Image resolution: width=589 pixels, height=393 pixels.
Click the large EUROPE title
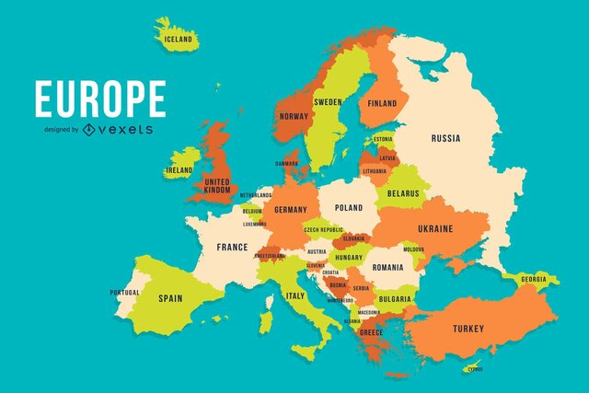(x=100, y=99)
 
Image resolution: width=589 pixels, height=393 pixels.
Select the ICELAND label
(x=178, y=40)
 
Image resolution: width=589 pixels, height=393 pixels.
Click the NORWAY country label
(x=293, y=116)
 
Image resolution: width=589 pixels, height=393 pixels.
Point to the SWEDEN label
(x=328, y=101)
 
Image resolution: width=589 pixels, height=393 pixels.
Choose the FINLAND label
(x=383, y=104)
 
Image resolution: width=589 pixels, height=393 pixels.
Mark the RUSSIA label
(x=445, y=139)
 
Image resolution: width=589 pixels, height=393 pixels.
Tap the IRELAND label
(x=179, y=170)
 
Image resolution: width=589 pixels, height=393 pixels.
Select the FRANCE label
(x=232, y=247)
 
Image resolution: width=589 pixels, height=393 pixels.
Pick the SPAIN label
(x=170, y=298)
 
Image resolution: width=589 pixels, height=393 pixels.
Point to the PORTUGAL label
(x=124, y=293)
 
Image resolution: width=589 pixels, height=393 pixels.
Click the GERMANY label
(x=290, y=210)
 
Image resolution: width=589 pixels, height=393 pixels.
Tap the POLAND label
(x=349, y=208)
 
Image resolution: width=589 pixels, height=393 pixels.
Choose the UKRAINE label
(x=435, y=228)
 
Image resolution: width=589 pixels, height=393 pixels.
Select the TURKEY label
(x=468, y=329)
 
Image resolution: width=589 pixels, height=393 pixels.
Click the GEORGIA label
(x=533, y=279)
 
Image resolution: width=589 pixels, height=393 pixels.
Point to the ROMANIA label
(x=387, y=267)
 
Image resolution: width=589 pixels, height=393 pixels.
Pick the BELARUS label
(x=402, y=194)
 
